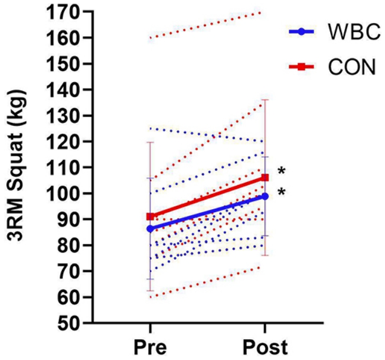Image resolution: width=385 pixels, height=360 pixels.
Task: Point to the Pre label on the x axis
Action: [x=149, y=346]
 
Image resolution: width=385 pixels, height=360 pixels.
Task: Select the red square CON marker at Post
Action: [x=265, y=177]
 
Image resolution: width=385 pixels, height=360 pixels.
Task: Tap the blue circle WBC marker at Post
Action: [x=265, y=196]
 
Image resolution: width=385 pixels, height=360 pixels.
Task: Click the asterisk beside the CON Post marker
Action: [x=282, y=172]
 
